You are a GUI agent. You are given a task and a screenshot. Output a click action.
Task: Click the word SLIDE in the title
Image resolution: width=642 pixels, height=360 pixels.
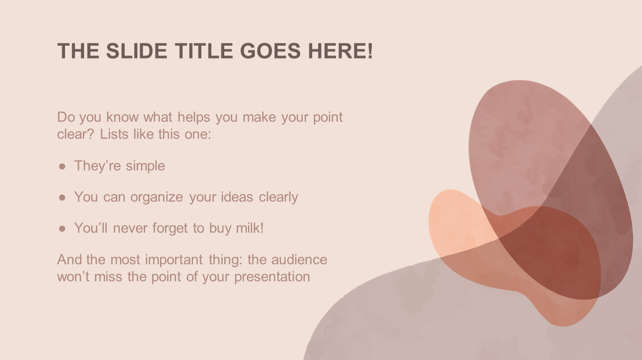coord(137,51)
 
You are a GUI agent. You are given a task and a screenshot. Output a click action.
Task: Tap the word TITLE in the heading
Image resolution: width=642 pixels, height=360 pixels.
coord(204,51)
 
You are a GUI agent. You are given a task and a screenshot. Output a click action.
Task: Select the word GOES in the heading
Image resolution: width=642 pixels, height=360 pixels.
coord(270,51)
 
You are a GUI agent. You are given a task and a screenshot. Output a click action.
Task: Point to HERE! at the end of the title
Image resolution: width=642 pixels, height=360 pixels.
coord(341,51)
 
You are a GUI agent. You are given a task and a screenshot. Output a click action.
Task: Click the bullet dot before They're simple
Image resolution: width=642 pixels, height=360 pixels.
coord(62,166)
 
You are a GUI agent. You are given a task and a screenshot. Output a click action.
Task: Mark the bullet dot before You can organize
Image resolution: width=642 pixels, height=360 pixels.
coord(62,197)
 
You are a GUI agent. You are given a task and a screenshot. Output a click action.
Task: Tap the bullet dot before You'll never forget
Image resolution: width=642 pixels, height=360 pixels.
coord(62,229)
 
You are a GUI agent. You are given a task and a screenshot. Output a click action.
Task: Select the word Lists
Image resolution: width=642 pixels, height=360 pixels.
coord(114,134)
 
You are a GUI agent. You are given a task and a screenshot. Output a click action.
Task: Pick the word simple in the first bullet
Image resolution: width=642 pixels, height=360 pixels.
coord(145,167)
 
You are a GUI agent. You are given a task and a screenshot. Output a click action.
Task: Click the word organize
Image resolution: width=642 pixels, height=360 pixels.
coord(156,197)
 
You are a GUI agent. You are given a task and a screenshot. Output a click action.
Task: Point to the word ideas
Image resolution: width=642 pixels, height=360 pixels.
coord(237,197)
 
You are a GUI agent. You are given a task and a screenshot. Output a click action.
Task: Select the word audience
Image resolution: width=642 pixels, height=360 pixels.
coord(299,260)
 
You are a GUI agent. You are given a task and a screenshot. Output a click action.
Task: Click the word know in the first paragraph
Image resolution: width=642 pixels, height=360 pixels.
coord(123,117)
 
